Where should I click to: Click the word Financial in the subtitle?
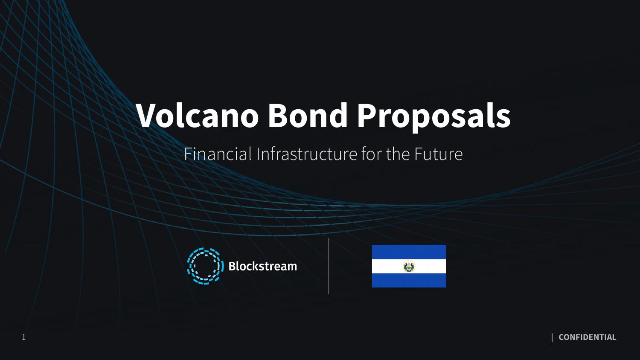point(218,154)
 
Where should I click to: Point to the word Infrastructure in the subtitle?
point(306,154)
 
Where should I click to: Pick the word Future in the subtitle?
point(438,154)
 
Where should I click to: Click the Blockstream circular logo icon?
point(205,266)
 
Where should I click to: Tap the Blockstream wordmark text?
point(262,266)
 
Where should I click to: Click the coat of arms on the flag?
point(409,267)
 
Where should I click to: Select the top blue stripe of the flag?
point(409,252)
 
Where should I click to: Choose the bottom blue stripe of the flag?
point(409,280)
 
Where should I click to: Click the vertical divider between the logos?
point(329,266)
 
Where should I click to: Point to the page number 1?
point(24,337)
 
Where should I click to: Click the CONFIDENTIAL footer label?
point(587,337)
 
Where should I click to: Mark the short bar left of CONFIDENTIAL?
point(552,337)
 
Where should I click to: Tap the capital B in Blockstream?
point(233,266)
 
